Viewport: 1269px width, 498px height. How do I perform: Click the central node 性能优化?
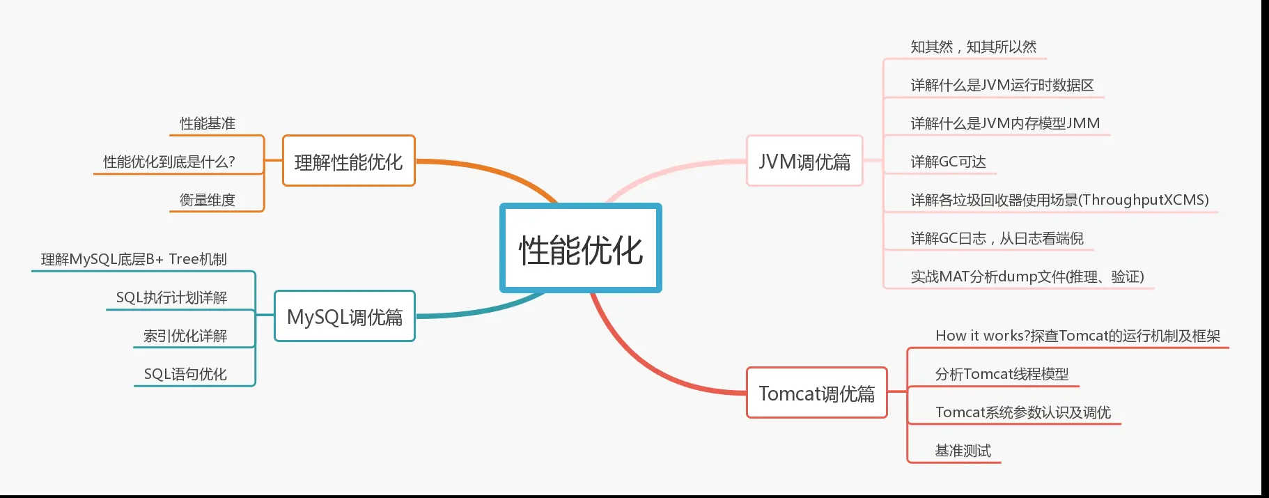(x=580, y=249)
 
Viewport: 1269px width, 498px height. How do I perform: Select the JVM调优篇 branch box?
(x=804, y=162)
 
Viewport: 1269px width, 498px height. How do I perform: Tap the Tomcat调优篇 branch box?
(x=816, y=394)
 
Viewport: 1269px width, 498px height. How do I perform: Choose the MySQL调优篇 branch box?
(x=345, y=317)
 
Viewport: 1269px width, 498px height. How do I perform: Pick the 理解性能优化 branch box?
(x=348, y=162)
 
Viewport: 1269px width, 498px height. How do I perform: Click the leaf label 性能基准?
(x=208, y=123)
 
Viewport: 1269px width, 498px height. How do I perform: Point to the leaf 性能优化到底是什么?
(x=169, y=162)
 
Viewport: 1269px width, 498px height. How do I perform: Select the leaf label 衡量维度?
(x=208, y=200)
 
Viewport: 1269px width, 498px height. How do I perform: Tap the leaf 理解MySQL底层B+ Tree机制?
(x=134, y=259)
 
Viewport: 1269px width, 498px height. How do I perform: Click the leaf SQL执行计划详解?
(x=171, y=297)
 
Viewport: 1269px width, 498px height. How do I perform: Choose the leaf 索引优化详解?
(x=185, y=336)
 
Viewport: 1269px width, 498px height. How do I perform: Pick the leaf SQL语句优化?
(x=185, y=374)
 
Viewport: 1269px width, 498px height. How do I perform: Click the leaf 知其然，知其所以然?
(x=973, y=47)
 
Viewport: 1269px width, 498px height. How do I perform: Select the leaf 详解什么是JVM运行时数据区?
(x=1002, y=85)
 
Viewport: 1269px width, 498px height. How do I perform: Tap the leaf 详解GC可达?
(x=948, y=162)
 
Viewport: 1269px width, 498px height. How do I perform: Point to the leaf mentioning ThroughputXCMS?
(x=1059, y=200)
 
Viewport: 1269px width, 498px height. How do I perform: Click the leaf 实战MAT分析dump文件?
(x=1027, y=277)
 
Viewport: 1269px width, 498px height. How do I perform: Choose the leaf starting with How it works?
(x=1077, y=336)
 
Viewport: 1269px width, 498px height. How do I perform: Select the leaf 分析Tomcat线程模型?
(x=1002, y=374)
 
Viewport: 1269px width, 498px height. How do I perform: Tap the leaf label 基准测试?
(x=963, y=451)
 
